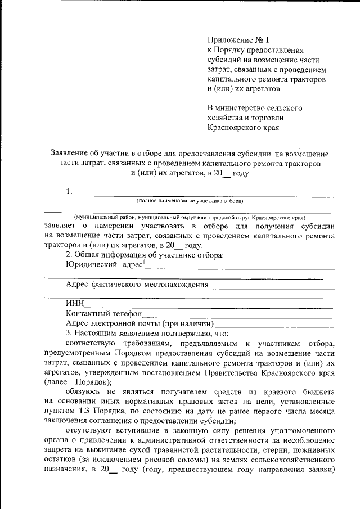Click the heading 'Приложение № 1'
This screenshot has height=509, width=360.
[x=238, y=40]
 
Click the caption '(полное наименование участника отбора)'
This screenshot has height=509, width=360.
[x=189, y=201]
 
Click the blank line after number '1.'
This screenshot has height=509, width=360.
[x=202, y=195]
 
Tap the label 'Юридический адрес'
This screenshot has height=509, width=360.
[x=103, y=264]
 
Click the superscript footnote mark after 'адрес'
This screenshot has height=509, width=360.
[x=143, y=262]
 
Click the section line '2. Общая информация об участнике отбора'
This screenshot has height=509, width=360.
[x=145, y=255]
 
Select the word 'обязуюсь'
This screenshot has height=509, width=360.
[x=84, y=391]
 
